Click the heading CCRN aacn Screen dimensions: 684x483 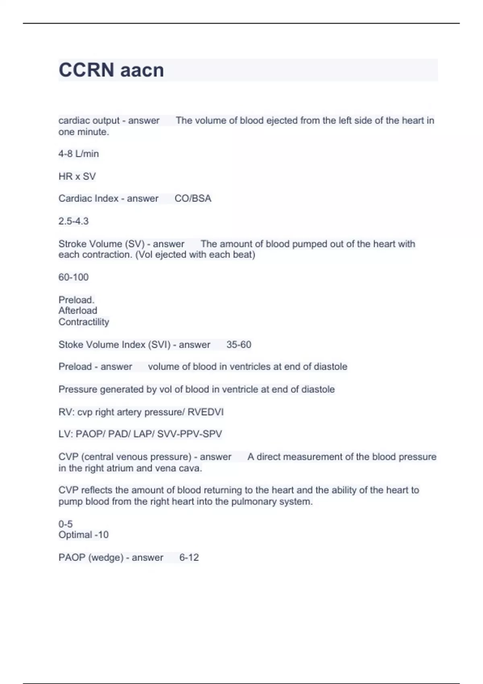click(111, 70)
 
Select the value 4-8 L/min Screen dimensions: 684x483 click(78, 154)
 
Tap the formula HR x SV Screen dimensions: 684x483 click(77, 176)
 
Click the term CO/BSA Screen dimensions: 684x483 click(193, 198)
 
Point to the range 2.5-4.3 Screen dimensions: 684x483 click(73, 221)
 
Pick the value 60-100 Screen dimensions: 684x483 click(73, 277)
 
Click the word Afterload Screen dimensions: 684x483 click(78, 311)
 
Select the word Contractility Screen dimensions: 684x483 click(84, 322)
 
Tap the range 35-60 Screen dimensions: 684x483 click(239, 344)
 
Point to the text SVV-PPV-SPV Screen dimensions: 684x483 click(190, 434)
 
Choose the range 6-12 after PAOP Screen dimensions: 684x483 click(189, 557)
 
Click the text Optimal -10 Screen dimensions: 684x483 click(83, 535)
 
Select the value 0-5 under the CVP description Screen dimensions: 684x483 click(65, 524)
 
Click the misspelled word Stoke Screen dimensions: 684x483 click(69, 344)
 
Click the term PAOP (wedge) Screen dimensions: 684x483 click(91, 557)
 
